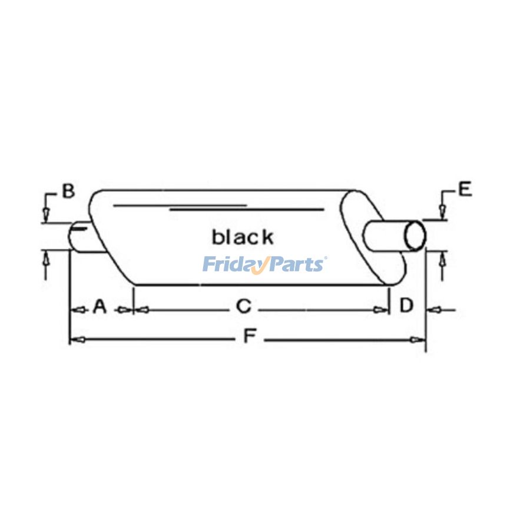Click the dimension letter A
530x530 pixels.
(x=100, y=307)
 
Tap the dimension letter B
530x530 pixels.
(x=68, y=191)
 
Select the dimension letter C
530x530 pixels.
(x=244, y=307)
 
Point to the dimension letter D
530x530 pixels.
(x=406, y=305)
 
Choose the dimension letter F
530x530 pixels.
(x=250, y=337)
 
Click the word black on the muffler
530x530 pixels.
(x=243, y=237)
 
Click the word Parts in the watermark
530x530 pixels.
(x=296, y=264)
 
